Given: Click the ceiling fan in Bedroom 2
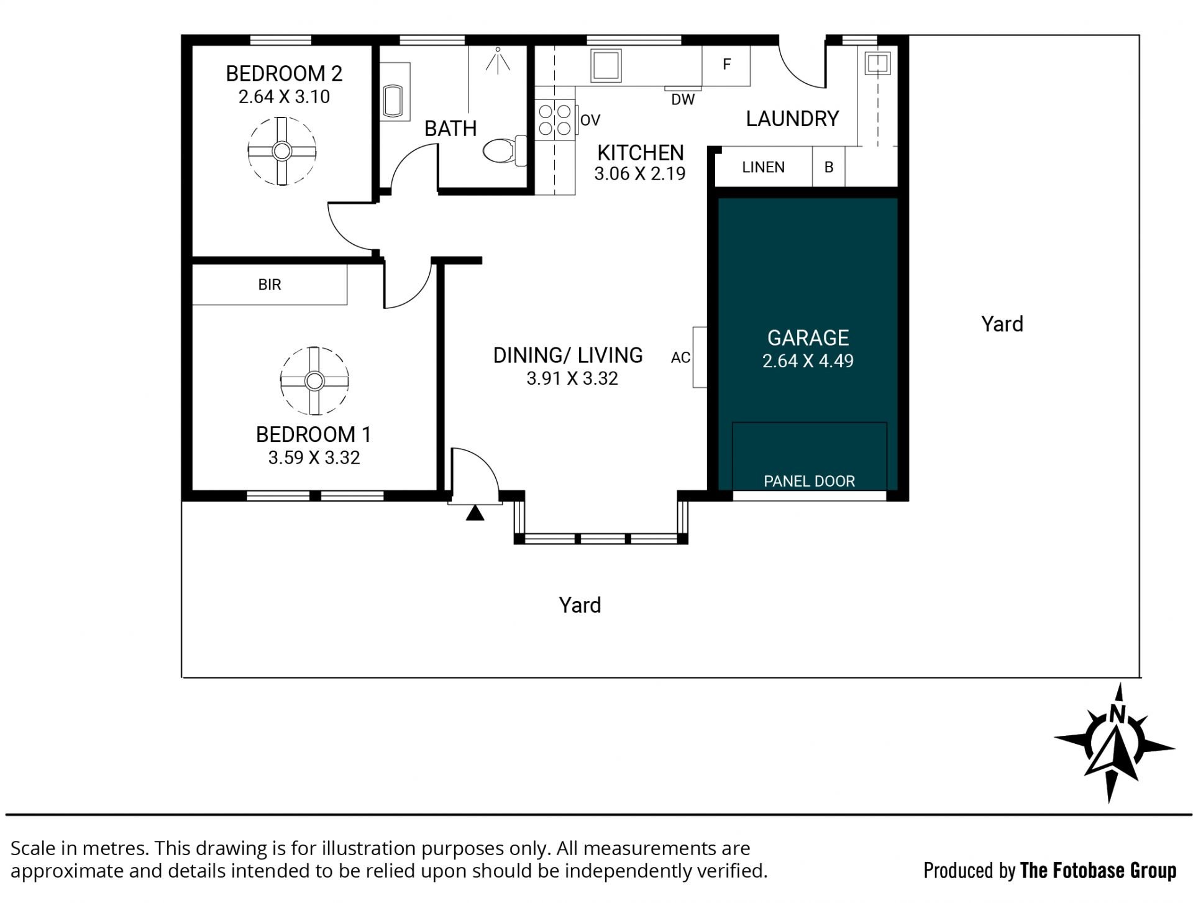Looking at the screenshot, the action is [282, 151].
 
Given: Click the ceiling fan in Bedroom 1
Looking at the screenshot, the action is [314, 380].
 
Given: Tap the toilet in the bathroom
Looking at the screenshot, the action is [504, 151].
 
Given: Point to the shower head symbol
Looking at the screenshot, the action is [498, 60].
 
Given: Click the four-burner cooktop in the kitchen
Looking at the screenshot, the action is [555, 120].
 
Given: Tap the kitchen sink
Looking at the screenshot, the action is [605, 65].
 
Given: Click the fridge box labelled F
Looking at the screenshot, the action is [726, 65].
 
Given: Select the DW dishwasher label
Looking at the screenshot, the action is [683, 99].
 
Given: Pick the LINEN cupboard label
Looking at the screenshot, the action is [763, 167].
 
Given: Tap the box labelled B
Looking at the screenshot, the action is [829, 167].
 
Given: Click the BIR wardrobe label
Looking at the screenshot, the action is [270, 285].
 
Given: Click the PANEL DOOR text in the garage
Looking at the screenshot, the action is [809, 481].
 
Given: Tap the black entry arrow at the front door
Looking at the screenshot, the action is [475, 513].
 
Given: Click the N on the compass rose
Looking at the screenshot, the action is [1117, 713].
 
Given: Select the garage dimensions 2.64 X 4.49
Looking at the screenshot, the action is [808, 361].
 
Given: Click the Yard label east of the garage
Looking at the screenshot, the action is [1002, 324].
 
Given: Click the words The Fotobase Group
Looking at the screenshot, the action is [1098, 871].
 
